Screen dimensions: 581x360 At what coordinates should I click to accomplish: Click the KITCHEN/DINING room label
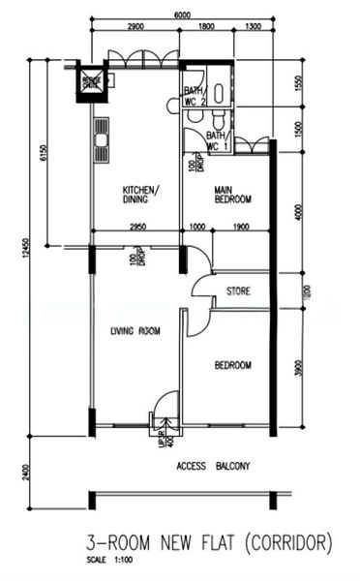coord(141,194)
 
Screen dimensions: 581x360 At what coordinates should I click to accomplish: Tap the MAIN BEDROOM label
coord(232,194)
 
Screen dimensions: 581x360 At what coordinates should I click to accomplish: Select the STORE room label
coord(239,290)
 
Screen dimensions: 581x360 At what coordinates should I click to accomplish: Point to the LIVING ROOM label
coord(135,331)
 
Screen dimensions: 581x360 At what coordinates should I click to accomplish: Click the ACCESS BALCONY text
coord(213,466)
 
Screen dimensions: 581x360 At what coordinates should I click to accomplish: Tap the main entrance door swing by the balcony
coord(165,407)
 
